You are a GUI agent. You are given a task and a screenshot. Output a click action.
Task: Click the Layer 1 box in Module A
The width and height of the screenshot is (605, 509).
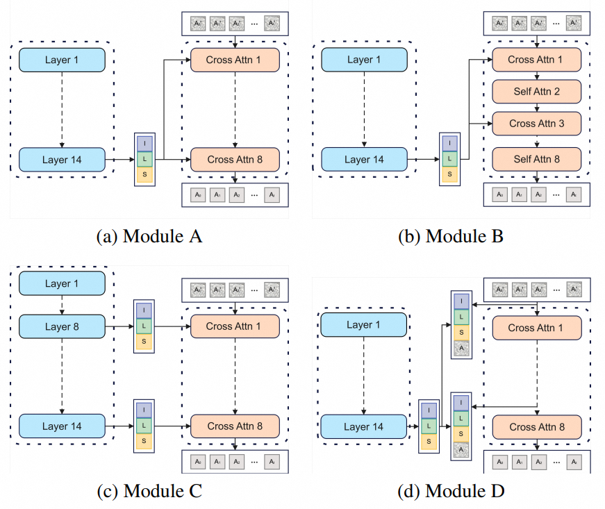[62, 60]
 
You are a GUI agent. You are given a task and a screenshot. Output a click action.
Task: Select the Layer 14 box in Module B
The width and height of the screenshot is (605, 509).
[364, 160]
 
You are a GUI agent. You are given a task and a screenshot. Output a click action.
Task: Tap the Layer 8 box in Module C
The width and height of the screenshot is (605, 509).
[62, 326]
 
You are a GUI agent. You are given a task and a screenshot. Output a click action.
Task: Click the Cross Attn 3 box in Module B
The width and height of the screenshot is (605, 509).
[536, 123]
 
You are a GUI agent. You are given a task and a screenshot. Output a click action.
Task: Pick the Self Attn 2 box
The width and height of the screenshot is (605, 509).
[536, 91]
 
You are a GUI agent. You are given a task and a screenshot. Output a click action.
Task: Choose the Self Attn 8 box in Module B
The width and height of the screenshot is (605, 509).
[536, 159]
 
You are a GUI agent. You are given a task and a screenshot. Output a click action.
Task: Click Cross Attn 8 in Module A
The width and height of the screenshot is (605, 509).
[235, 160]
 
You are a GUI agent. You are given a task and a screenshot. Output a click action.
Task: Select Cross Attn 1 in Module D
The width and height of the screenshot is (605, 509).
[536, 328]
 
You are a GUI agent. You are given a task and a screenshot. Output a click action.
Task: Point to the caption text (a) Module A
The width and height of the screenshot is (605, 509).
[149, 236]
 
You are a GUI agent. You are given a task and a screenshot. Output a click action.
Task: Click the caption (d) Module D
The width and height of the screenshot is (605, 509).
[451, 491]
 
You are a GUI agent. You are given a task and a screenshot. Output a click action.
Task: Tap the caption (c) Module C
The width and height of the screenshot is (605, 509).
[149, 491]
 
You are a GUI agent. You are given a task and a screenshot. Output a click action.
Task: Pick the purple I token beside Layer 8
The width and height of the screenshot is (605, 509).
[144, 310]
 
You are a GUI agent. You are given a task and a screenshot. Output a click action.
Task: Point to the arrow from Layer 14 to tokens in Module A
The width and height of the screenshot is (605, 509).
[119, 160]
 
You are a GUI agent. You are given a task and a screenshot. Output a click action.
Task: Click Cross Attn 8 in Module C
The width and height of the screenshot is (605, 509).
[235, 426]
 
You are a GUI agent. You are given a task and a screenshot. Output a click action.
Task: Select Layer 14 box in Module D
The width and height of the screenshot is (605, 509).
[364, 426]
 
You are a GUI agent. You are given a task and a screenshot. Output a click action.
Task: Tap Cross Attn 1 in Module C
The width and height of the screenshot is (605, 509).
[235, 326]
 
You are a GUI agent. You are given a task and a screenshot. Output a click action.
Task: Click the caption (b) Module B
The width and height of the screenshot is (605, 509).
[451, 236]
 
